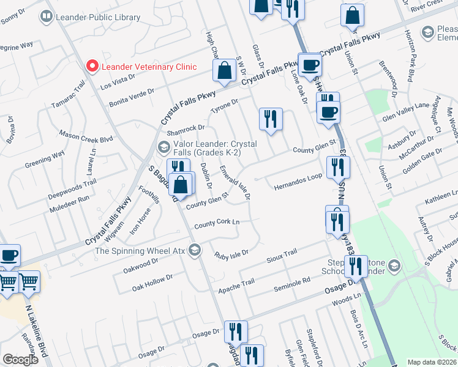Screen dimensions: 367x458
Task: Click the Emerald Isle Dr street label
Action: [235, 182]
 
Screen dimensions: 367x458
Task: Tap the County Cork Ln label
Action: [216, 224]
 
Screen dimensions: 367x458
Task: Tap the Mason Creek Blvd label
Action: [86, 135]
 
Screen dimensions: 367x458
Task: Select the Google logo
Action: [20, 360]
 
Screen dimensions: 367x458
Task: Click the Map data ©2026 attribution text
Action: [432, 362]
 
